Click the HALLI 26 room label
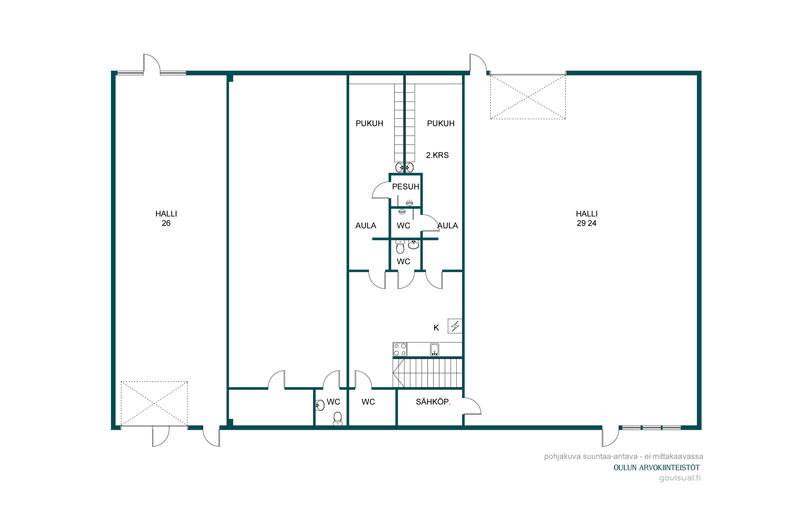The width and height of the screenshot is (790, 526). (166, 218)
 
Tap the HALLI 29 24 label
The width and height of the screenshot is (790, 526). (586, 218)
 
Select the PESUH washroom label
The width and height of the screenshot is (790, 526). (406, 186)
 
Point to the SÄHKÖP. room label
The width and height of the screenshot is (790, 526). (433, 402)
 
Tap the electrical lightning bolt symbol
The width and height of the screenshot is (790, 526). (455, 326)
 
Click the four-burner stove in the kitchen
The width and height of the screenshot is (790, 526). (400, 349)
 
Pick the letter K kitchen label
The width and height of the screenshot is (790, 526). (436, 328)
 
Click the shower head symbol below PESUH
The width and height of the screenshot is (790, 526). (402, 212)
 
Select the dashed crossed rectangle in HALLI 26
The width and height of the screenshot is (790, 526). (154, 403)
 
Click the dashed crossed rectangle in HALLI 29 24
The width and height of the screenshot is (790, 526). (528, 97)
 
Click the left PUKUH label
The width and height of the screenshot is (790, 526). (369, 123)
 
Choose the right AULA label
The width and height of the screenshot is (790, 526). (447, 226)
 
